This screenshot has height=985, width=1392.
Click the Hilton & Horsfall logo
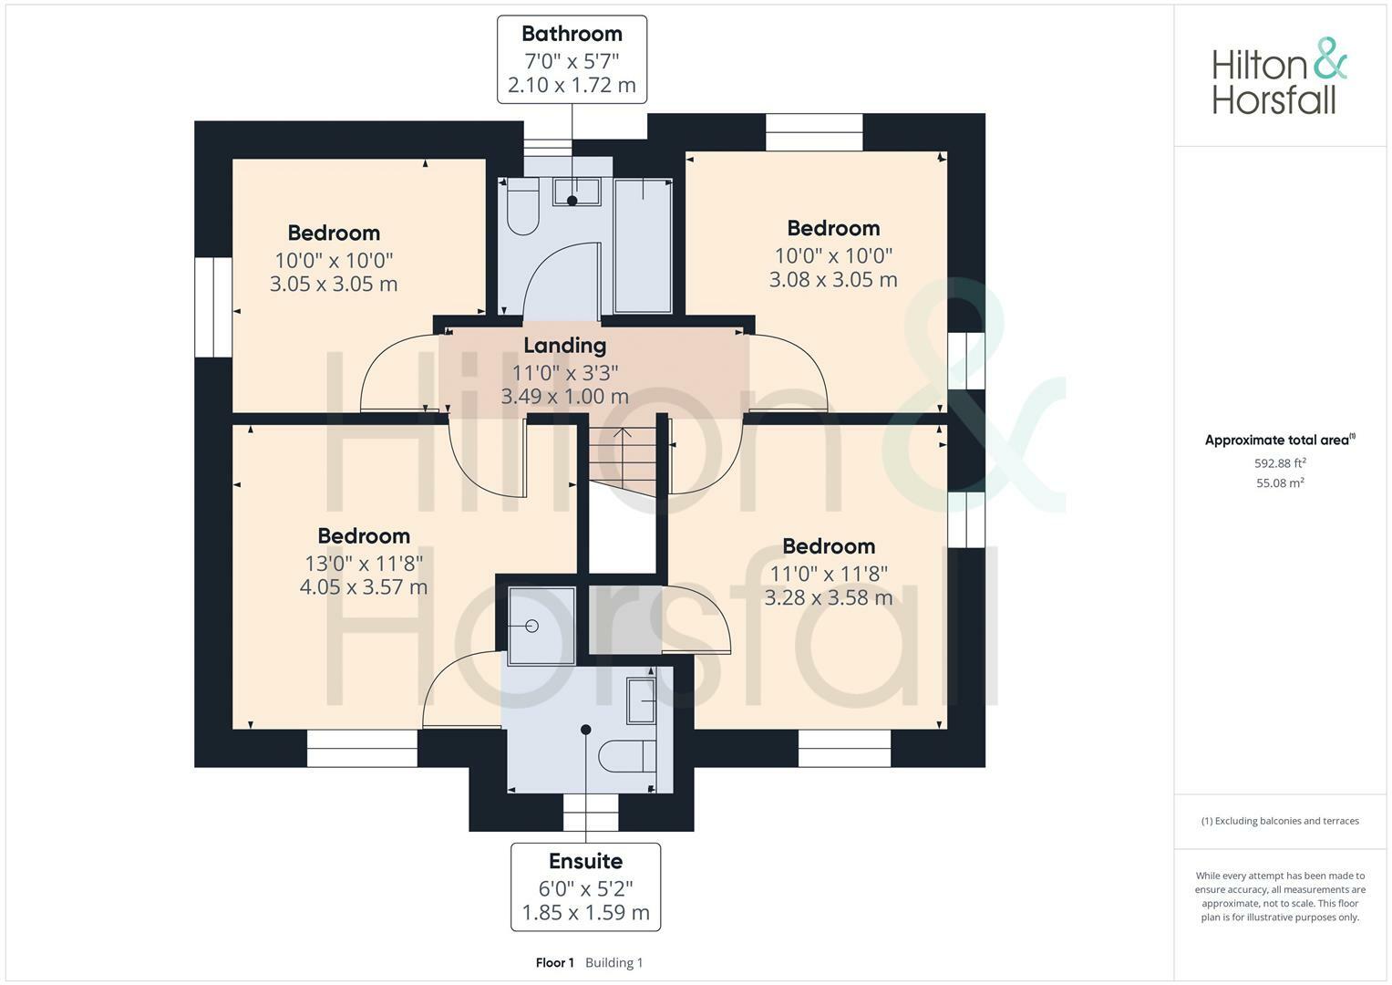1278,76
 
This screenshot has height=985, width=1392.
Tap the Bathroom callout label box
572,59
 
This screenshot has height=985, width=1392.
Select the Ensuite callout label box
585,886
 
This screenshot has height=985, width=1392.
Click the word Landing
564,346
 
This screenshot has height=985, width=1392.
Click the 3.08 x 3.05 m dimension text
833,280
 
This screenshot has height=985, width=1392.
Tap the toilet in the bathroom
523,208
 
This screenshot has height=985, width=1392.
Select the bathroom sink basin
576,192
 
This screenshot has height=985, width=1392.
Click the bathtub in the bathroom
644,246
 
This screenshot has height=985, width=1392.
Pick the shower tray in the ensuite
541,626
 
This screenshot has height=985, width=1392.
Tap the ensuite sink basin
643,700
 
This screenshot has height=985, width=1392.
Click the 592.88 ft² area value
1280,463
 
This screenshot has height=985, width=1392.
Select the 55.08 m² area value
1280,483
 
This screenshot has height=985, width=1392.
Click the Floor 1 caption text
554,963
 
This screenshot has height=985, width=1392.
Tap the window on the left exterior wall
213,306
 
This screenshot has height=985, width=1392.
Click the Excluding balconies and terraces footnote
1280,821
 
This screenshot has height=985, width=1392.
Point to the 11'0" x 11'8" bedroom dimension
829,574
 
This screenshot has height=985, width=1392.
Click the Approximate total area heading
1278,441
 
